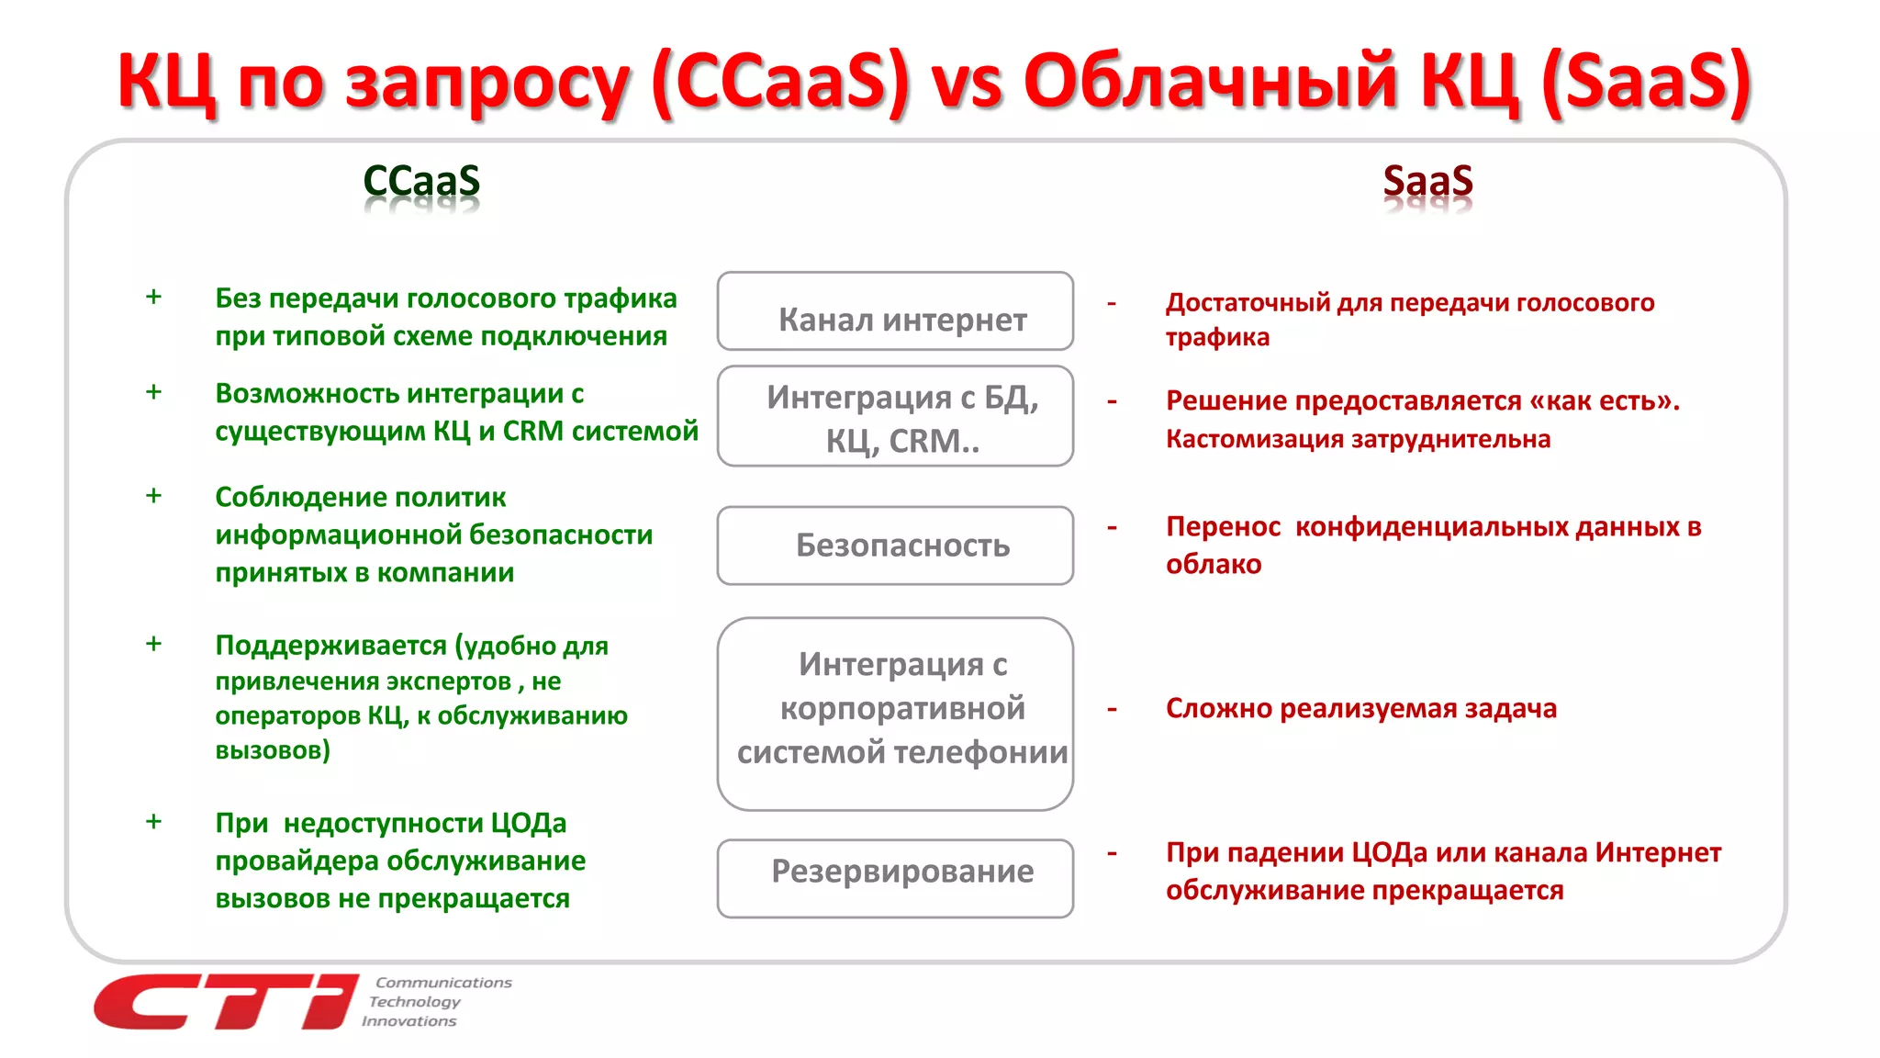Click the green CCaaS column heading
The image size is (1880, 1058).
coord(421,181)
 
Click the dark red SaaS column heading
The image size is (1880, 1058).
coord(1427,181)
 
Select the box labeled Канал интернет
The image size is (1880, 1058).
coord(895,311)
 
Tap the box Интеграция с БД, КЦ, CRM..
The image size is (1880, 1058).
coord(895,416)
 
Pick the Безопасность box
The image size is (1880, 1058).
coord(895,546)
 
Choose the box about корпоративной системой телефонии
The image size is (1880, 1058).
coord(895,714)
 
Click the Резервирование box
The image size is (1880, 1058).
coord(895,878)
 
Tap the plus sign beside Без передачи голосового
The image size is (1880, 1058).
coord(153,297)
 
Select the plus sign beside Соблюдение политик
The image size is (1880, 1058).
coord(153,496)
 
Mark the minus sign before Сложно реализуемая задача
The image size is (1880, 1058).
coord(1112,709)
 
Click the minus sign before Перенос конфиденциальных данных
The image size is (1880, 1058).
coord(1112,527)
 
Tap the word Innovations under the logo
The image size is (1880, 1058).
coord(409,1021)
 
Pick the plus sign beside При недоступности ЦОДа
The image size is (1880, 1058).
coord(153,821)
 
